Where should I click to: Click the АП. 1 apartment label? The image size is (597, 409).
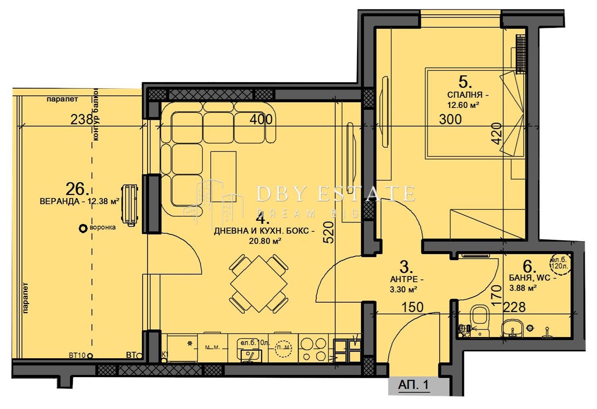tap(413, 385)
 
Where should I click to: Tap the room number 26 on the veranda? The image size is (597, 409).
tap(77, 189)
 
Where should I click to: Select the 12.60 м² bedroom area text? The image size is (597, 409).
tap(463, 105)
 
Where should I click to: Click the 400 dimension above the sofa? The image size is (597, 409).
tap(261, 119)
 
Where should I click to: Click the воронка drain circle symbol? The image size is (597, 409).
tap(83, 229)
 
